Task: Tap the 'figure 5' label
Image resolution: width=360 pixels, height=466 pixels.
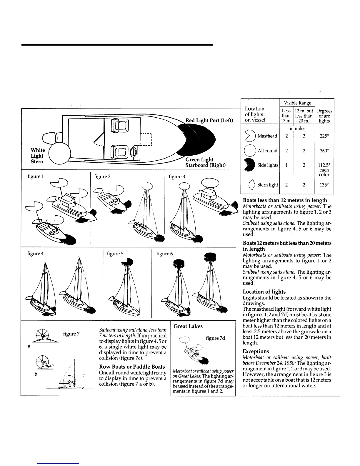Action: (115, 253)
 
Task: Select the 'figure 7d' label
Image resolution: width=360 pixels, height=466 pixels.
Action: (215, 338)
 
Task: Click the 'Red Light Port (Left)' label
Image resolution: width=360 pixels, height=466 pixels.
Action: (209, 120)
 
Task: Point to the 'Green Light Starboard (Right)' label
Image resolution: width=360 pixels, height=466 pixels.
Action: (205, 162)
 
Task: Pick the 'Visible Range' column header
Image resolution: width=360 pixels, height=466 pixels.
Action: (297, 103)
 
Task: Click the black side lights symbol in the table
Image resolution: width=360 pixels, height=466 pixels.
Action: (249, 165)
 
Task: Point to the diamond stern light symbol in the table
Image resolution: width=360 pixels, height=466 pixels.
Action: (251, 185)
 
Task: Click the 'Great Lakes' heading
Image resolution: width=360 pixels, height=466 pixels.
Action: (188, 326)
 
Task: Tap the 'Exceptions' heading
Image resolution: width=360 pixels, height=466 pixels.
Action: (256, 351)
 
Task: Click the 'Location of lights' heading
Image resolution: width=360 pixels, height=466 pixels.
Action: (264, 292)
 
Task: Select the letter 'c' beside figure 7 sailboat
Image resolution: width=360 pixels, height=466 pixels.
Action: (84, 375)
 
